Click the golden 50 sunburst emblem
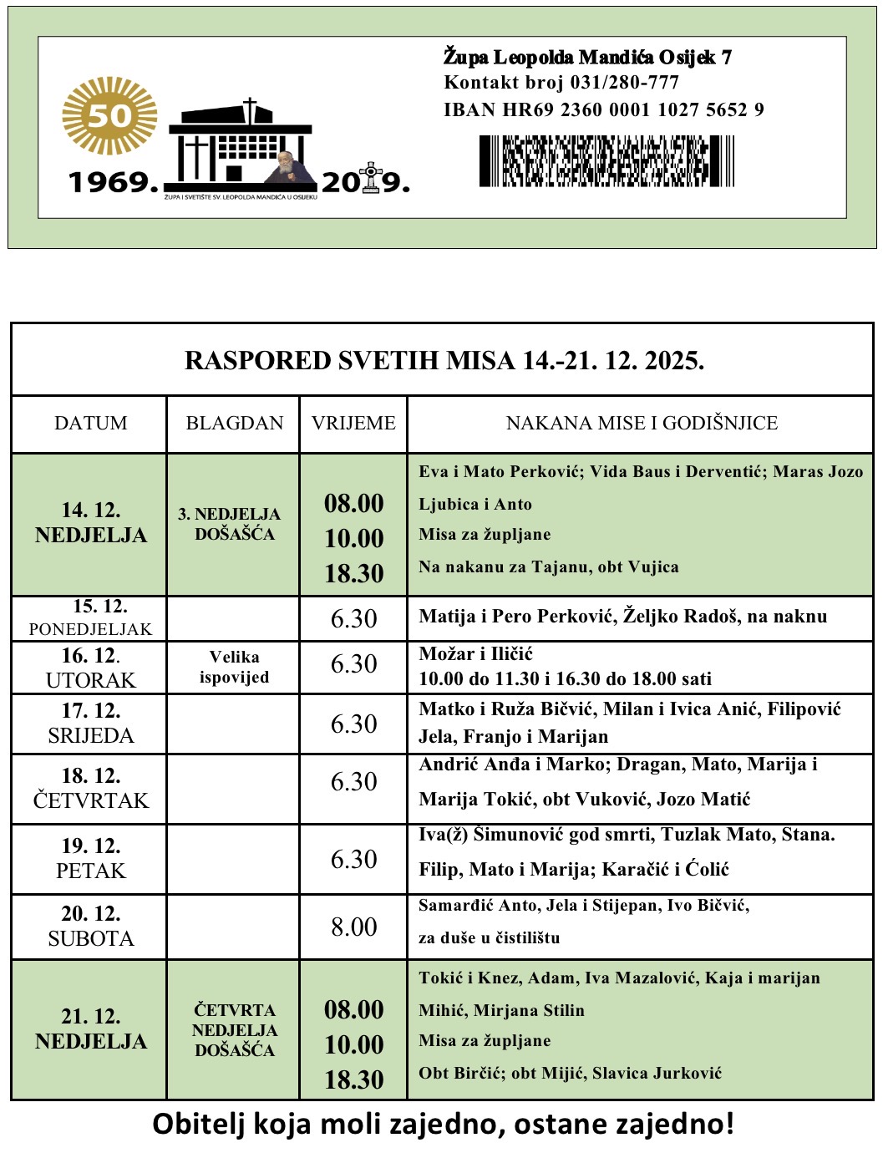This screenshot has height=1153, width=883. (x=109, y=115)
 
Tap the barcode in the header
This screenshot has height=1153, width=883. (x=606, y=161)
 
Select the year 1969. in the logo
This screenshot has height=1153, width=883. (x=113, y=182)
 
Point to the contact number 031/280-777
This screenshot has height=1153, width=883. (x=624, y=83)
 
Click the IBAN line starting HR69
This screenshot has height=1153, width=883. (x=603, y=110)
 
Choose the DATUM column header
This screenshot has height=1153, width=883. (x=90, y=424)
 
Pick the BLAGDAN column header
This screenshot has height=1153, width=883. (x=234, y=424)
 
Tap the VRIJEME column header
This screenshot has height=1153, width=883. (x=353, y=424)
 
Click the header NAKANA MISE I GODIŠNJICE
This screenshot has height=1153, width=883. (x=641, y=424)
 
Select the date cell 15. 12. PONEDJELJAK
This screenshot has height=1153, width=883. (x=90, y=618)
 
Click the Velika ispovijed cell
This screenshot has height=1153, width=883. (x=234, y=667)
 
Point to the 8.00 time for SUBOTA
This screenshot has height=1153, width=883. (x=353, y=927)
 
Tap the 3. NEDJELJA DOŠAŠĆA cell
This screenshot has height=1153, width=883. (x=234, y=524)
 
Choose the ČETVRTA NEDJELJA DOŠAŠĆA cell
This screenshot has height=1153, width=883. (x=234, y=1030)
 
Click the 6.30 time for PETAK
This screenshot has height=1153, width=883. (x=353, y=859)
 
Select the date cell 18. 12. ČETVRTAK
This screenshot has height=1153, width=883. (x=90, y=788)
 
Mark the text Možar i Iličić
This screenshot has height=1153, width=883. (x=475, y=654)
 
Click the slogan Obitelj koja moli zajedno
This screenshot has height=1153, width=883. (x=443, y=1125)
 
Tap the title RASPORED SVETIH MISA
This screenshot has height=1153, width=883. (x=444, y=361)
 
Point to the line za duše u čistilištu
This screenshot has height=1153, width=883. (x=489, y=938)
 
